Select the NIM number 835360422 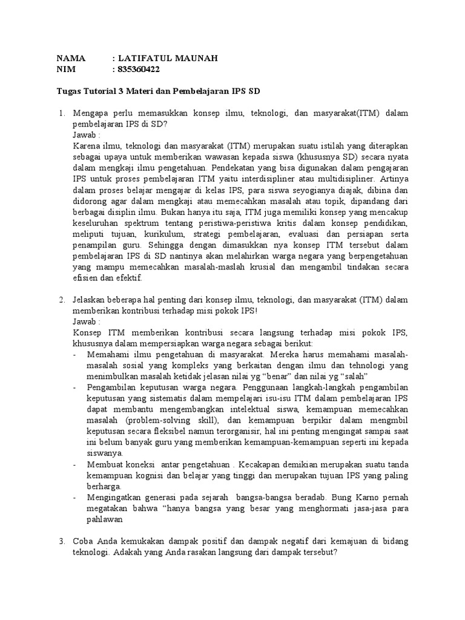[140, 70]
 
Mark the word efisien [87, 277]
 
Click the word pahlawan [105, 519]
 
